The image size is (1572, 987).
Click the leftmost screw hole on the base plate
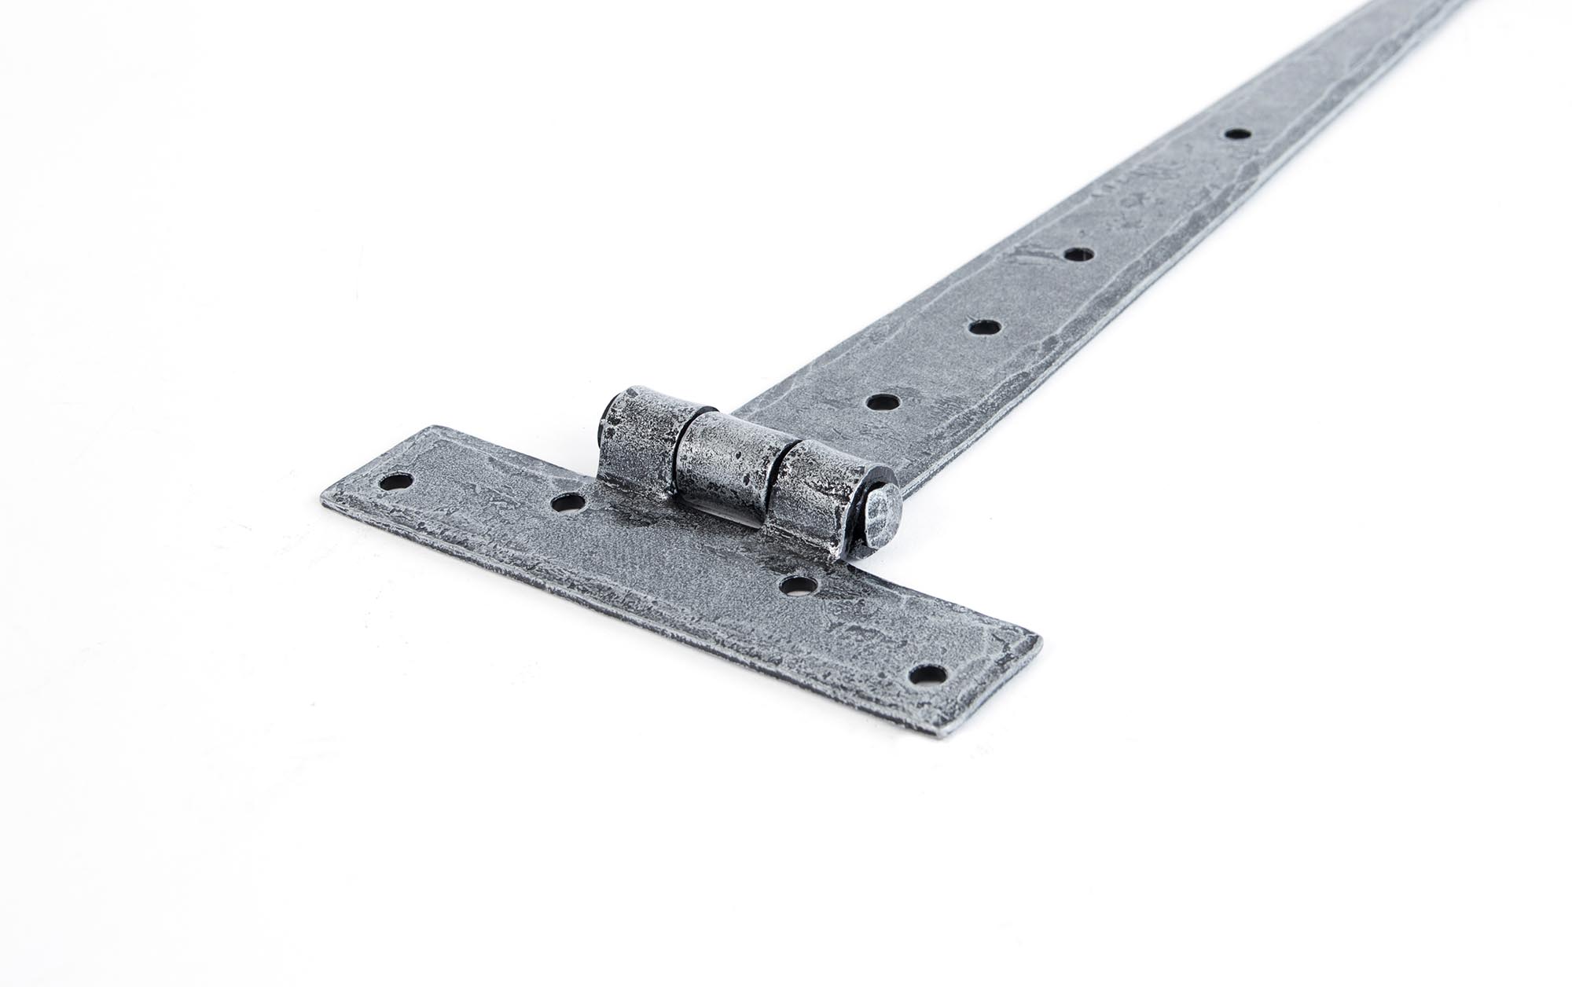pos(396,482)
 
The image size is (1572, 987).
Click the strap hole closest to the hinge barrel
pos(883,402)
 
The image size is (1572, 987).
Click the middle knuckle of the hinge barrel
pos(725,471)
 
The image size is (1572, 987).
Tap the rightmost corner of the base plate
pos(1041,640)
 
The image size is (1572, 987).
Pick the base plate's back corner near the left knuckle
pos(431,427)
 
